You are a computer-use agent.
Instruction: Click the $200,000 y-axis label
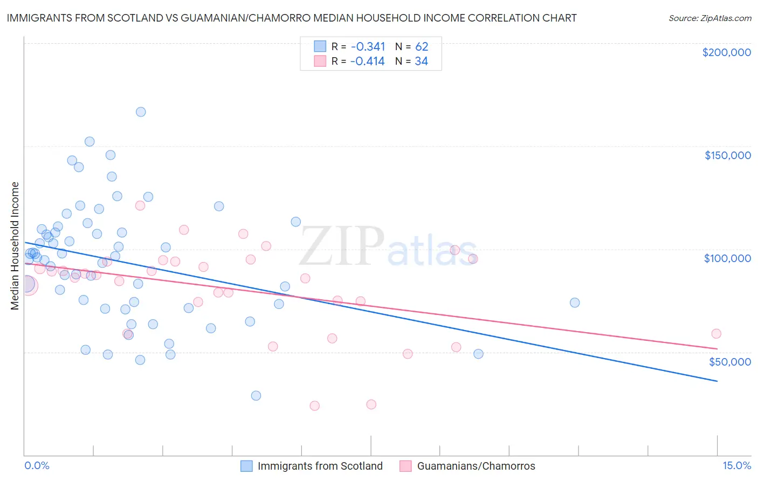[726, 52]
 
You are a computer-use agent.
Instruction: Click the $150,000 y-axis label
[727, 155]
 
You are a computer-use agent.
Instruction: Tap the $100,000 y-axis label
[727, 258]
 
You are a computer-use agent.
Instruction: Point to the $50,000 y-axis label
[729, 361]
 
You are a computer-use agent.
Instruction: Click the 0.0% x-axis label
[37, 465]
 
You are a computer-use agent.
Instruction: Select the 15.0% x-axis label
[736, 465]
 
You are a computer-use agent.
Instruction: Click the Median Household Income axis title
[15, 246]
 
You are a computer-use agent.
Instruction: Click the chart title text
[292, 18]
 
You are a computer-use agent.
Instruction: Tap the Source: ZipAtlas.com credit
[709, 18]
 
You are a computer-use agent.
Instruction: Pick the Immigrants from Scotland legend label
[320, 466]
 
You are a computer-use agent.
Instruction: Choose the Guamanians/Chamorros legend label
[476, 466]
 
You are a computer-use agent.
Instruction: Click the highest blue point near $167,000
[141, 112]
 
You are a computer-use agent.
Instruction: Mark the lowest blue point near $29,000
[256, 396]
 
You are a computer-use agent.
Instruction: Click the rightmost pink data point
[716, 334]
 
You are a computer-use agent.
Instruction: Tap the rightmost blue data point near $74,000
[575, 303]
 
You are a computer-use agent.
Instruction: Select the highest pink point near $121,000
[140, 205]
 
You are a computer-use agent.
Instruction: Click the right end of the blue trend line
[717, 381]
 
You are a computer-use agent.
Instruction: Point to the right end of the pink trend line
[717, 349]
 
